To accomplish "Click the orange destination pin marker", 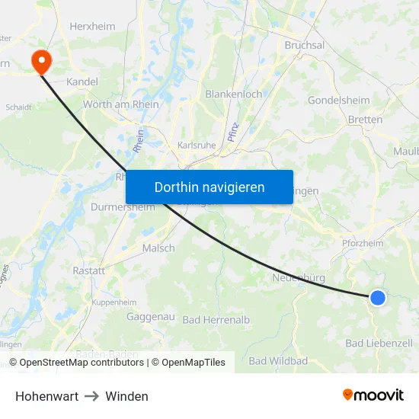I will [38, 61].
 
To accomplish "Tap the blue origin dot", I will [378, 298].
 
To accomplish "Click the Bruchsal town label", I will [304, 45].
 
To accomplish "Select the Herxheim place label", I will [92, 26].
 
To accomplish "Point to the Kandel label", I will [83, 81].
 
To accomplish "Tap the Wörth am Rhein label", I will [120, 104].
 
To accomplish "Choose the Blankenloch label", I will [233, 94].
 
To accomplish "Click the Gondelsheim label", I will [338, 100].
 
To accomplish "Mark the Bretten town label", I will [364, 119].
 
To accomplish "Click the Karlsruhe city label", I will [197, 145].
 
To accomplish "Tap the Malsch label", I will [158, 248].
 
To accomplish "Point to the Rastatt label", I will [88, 270].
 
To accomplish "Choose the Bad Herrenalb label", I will [216, 320].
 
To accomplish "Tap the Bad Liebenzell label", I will [379, 344].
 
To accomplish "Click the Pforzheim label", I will [362, 243].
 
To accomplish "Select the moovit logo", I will [373, 395].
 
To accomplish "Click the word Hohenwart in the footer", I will [46, 396].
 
